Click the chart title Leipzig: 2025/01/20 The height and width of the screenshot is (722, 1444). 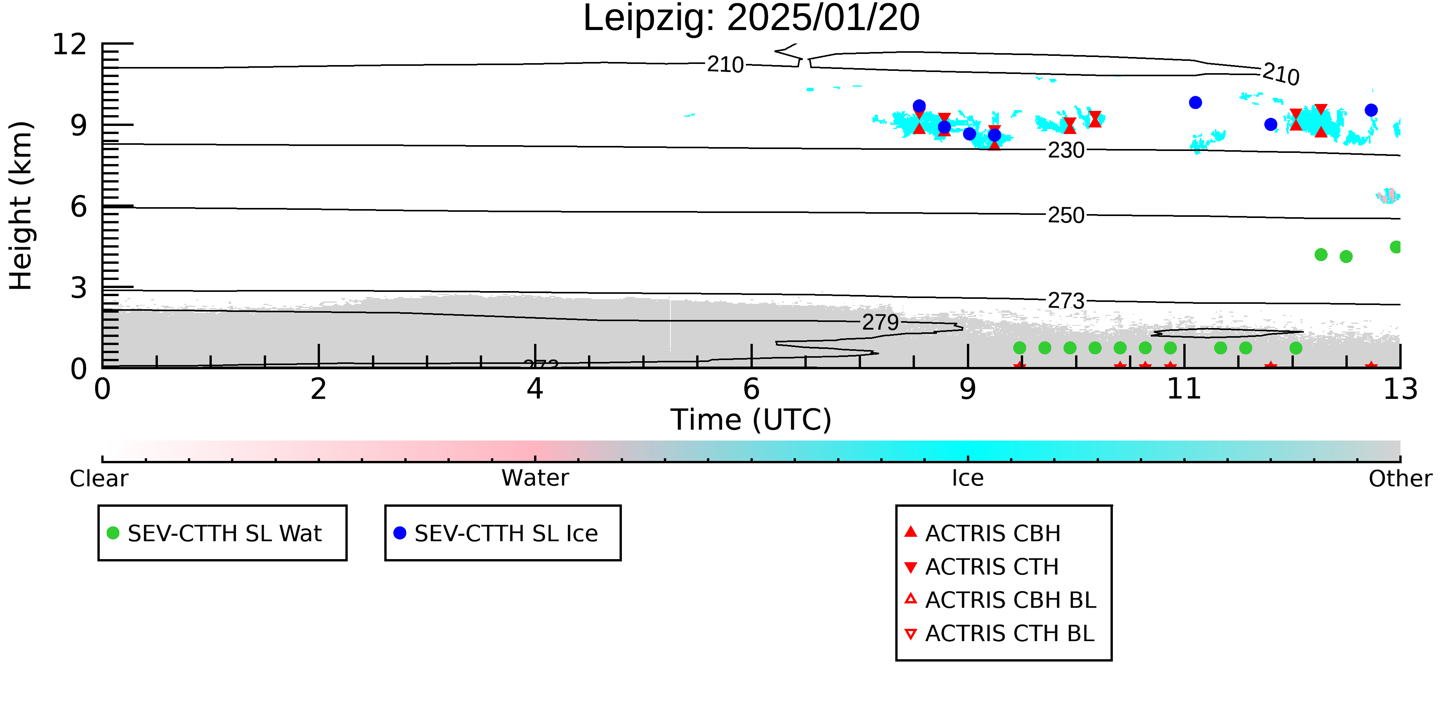pyautogui.click(x=751, y=18)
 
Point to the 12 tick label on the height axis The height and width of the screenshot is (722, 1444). pyautogui.click(x=70, y=44)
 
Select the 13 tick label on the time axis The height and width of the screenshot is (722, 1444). pyautogui.click(x=1400, y=389)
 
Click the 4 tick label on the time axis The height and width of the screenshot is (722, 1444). pyautogui.click(x=535, y=389)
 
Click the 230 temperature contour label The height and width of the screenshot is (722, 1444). pyautogui.click(x=1066, y=150)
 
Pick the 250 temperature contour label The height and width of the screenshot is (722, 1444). pyautogui.click(x=1066, y=215)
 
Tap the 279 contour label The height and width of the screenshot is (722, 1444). pyautogui.click(x=880, y=322)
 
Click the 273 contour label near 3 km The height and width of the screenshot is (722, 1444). pyautogui.click(x=1066, y=301)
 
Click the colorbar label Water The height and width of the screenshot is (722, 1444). pyautogui.click(x=535, y=478)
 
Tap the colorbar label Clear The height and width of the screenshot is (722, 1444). pyautogui.click(x=99, y=479)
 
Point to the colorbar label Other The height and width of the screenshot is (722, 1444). pyautogui.click(x=1400, y=479)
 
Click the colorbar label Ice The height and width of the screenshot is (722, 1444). pyautogui.click(x=968, y=478)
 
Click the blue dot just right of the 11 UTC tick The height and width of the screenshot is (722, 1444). pyautogui.click(x=1195, y=102)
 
